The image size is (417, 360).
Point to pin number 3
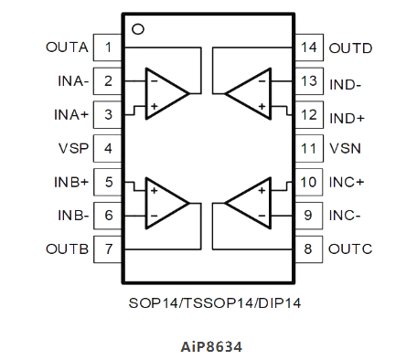tap(108, 115)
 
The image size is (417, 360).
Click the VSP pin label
tap(73, 148)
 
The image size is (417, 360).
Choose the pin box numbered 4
tap(108, 148)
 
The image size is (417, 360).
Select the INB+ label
tap(70, 181)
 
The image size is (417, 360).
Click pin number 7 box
tap(108, 248)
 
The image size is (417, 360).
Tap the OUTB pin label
tap(67, 248)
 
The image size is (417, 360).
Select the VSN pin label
tap(344, 148)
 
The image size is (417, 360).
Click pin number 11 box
tap(308, 148)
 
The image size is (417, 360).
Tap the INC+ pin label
tap(347, 181)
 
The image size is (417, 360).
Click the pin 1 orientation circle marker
tap(138, 29)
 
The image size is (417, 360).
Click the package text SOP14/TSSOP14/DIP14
tap(208, 301)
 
